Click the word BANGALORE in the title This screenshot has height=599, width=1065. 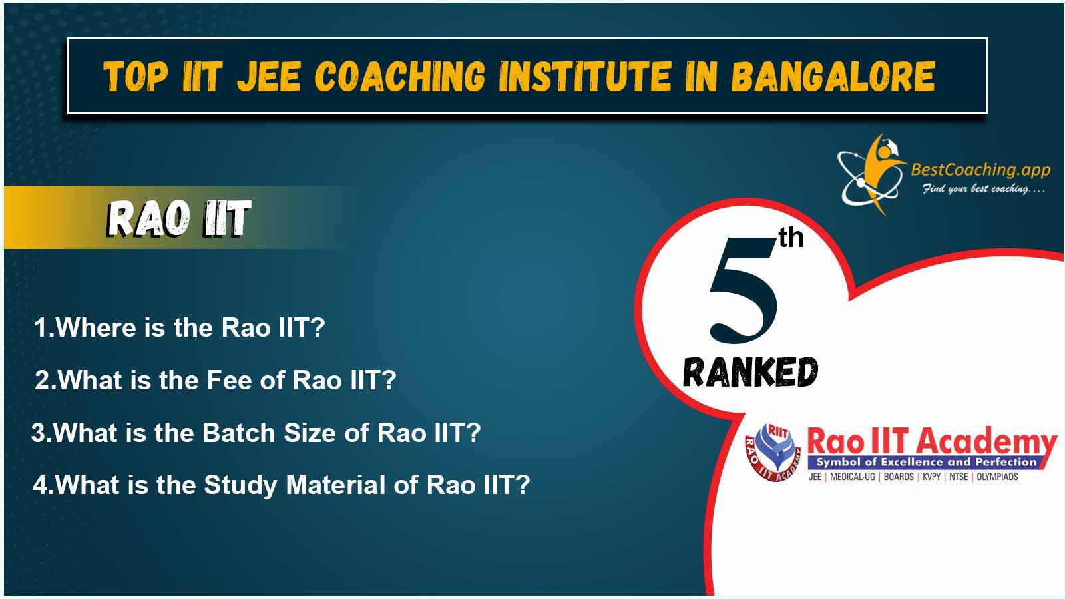point(833,76)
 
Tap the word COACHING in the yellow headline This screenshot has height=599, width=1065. point(399,76)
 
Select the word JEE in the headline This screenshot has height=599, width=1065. point(269,76)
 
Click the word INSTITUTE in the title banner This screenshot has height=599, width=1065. point(585,76)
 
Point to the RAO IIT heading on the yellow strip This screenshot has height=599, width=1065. point(179,218)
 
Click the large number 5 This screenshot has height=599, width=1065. point(743,290)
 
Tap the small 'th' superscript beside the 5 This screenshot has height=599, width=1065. point(791,237)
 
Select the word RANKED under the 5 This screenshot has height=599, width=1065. point(750,372)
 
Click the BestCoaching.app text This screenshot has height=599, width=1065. point(980,170)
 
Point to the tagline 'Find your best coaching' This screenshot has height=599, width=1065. point(983,189)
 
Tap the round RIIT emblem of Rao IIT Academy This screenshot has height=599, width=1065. point(773,452)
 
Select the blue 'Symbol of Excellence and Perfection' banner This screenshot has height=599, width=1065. point(927,462)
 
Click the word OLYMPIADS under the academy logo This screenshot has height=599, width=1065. point(998,477)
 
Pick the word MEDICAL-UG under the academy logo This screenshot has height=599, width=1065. point(853,477)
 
